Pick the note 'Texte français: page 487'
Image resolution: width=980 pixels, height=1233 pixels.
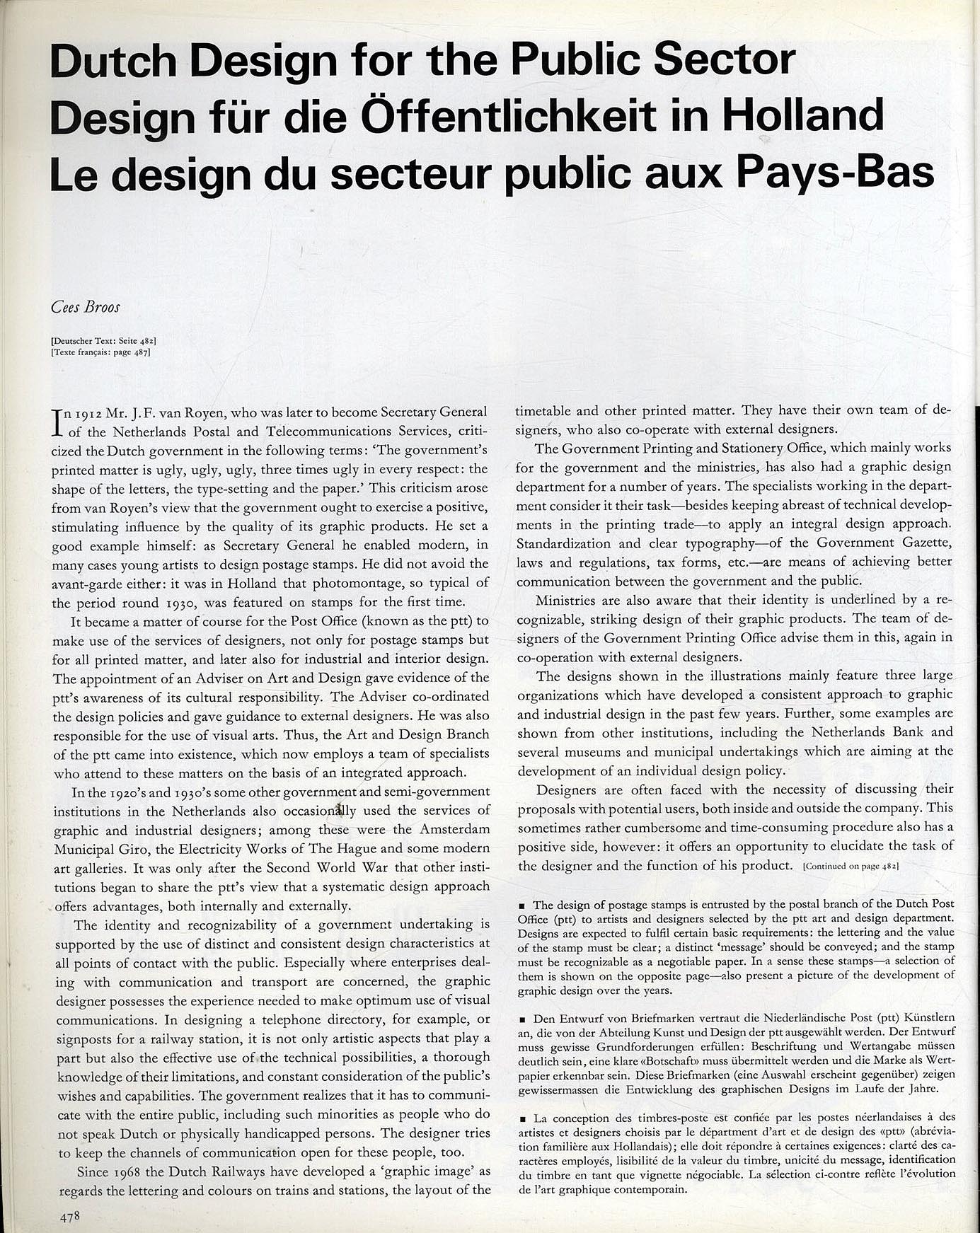101,352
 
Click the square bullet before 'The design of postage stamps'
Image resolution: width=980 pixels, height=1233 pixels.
521,905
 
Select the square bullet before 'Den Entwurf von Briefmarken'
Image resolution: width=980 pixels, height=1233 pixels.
521,1018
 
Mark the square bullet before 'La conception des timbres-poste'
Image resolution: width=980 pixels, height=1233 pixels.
521,1119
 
